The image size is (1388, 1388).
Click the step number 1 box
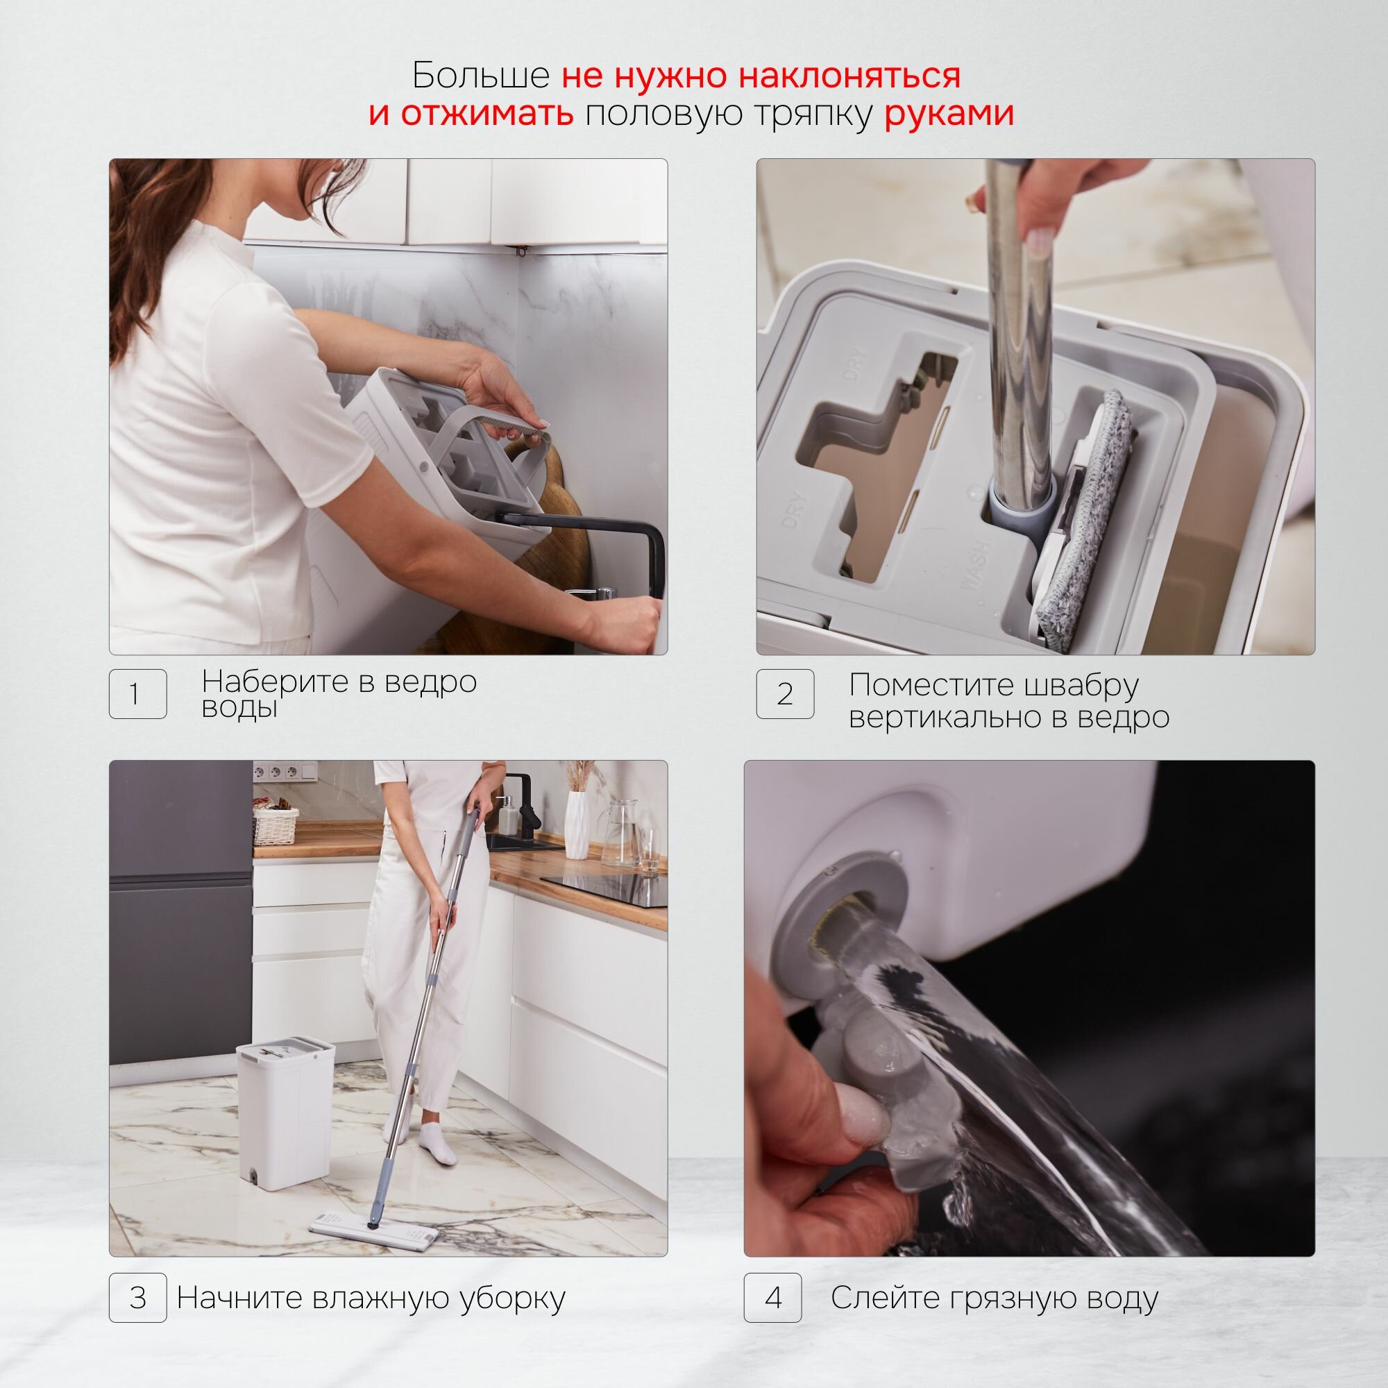pos(138,693)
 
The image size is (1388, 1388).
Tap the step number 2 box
pos(785,693)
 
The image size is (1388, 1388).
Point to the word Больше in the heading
pos(481,75)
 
